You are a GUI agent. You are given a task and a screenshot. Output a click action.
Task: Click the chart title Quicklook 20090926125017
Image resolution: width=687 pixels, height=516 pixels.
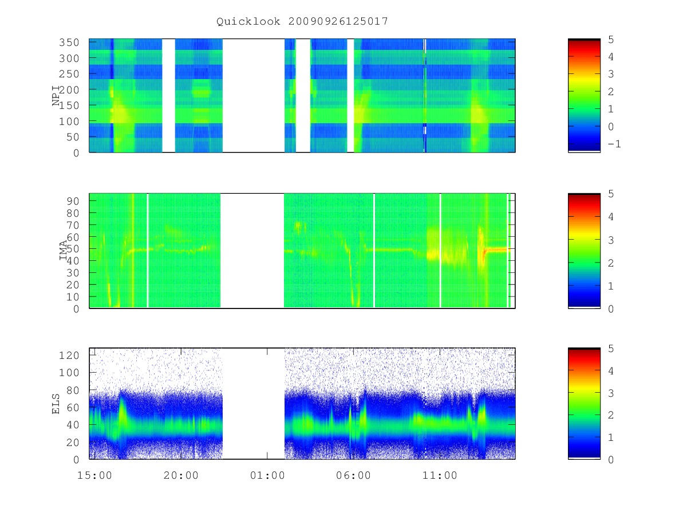[x=302, y=21]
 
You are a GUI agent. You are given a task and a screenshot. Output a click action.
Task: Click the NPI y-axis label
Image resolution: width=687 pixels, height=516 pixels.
[x=56, y=96]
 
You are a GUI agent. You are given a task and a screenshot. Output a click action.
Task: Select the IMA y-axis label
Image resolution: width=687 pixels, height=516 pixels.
[x=63, y=251]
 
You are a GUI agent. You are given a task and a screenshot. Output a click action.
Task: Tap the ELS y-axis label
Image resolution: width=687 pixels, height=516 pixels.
[x=56, y=404]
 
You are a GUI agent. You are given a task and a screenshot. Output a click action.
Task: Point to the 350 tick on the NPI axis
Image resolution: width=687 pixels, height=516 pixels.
[x=69, y=42]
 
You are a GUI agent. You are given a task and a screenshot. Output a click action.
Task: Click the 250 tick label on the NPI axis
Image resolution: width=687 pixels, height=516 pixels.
[x=69, y=74]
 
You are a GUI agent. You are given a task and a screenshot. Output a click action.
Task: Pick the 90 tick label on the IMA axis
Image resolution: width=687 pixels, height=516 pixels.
[x=73, y=201]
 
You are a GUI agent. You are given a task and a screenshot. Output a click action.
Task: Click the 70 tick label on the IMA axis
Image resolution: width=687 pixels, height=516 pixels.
[x=73, y=225]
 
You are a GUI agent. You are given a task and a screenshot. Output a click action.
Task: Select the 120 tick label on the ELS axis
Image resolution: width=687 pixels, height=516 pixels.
[x=69, y=355]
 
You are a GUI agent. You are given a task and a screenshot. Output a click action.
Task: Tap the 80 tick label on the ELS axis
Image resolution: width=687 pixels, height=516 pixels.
[x=73, y=390]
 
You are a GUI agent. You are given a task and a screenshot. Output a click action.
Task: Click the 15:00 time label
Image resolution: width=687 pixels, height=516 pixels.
[x=94, y=475]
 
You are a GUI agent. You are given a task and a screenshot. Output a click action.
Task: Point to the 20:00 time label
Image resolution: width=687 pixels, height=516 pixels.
[x=181, y=475]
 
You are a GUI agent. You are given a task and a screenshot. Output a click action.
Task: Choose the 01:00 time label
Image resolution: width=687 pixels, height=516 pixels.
[x=267, y=475]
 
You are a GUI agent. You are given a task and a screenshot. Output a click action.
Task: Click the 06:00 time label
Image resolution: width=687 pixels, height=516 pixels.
[x=353, y=475]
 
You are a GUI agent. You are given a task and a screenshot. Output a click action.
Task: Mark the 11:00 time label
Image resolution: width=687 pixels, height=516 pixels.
[x=440, y=475]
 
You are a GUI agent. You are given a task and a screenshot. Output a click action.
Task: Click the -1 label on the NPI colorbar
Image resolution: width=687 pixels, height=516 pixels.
[x=614, y=144]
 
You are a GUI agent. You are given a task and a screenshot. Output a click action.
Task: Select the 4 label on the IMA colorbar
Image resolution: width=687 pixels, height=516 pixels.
[x=611, y=217]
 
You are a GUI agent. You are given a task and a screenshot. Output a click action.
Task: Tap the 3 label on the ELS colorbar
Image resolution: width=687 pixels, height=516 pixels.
[x=611, y=393]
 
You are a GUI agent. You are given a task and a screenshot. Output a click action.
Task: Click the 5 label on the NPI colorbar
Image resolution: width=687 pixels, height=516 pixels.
[x=611, y=40]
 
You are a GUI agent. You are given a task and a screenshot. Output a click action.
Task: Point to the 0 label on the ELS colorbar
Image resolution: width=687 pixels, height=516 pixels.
[x=611, y=460]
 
